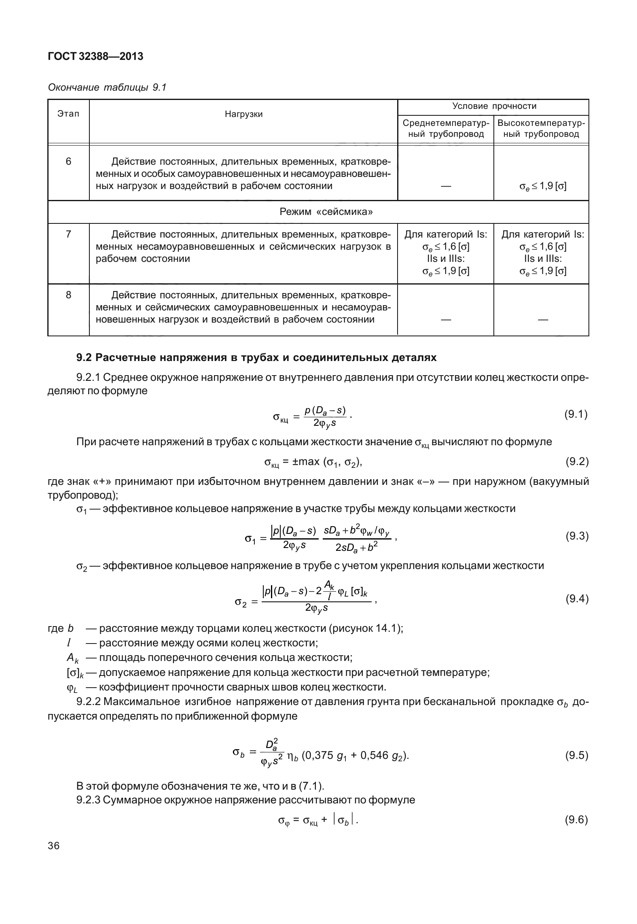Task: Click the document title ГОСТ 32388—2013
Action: point(95,57)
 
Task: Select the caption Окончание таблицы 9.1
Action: point(107,87)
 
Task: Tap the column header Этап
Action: point(68,114)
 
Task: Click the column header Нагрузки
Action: point(243,114)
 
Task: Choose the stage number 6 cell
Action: point(68,162)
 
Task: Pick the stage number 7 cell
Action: point(68,234)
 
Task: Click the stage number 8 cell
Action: point(68,295)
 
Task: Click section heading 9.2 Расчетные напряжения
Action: point(256,358)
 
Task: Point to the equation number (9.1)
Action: point(576,414)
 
